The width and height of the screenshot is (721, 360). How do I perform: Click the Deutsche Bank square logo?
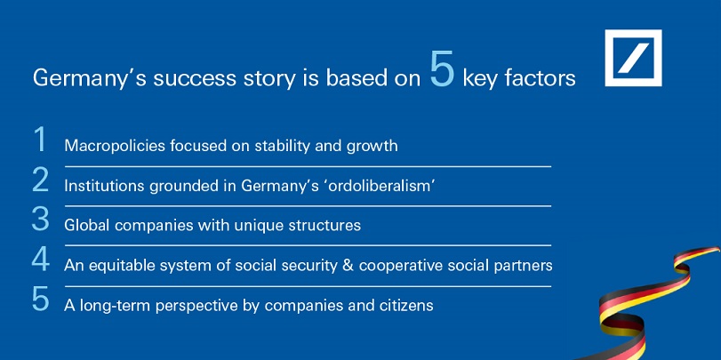[x=633, y=58]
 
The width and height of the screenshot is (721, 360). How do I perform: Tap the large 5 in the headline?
[x=443, y=70]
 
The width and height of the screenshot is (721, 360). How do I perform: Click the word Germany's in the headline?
[x=89, y=79]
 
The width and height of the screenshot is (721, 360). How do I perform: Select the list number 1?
[x=40, y=139]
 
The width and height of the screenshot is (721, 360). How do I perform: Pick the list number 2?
[x=40, y=180]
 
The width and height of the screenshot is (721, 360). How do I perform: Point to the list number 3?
[x=40, y=219]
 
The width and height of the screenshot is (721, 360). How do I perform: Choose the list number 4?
[x=40, y=260]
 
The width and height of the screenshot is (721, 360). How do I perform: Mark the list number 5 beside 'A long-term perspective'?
[x=40, y=300]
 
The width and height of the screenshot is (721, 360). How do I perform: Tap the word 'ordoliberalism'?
[x=387, y=186]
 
